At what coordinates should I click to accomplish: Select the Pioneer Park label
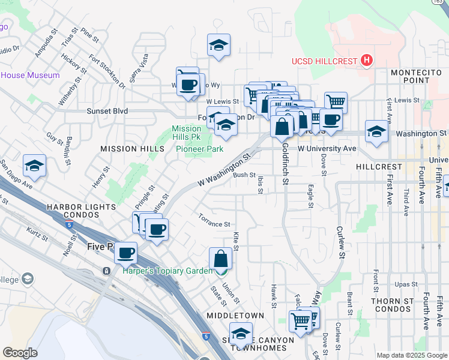point(200,149)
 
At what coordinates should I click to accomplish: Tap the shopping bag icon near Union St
point(221,259)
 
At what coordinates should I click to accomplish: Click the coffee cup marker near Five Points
point(125,253)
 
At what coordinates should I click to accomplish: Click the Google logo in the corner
point(20,353)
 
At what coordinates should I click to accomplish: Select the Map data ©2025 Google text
point(412,355)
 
